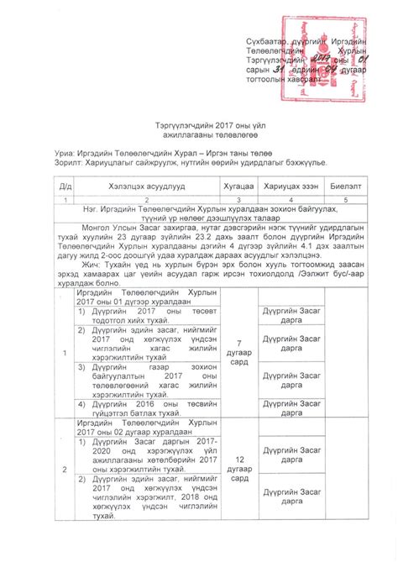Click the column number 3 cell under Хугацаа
coord(238,198)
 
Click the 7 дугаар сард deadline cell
coord(238,348)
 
